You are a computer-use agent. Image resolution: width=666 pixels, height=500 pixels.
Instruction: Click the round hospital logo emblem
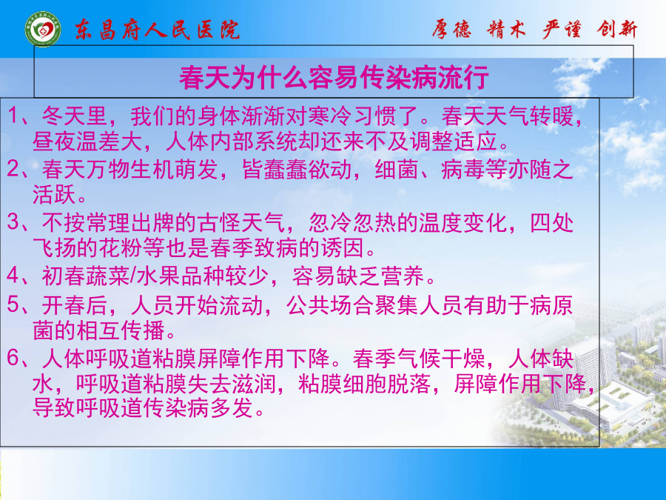(42, 29)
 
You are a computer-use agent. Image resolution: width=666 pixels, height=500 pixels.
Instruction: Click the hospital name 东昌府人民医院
(158, 30)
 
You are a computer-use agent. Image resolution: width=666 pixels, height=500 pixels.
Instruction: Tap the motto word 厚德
(452, 30)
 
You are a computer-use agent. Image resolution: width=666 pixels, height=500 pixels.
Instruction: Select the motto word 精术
(506, 30)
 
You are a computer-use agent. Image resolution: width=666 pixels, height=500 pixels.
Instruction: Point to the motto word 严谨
(562, 30)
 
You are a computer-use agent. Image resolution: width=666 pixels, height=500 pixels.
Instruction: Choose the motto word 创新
(617, 30)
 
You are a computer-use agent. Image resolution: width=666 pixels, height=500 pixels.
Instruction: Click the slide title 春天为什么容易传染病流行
(334, 78)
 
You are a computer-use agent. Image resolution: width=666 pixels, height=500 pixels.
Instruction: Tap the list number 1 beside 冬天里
(13, 116)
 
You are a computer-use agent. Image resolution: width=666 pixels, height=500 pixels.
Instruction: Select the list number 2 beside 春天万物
(13, 169)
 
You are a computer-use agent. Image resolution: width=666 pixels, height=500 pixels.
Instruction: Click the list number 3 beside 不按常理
(13, 222)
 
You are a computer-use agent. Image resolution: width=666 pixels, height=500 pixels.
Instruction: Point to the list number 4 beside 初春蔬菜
(13, 276)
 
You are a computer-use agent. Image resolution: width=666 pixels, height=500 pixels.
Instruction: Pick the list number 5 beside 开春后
(13, 304)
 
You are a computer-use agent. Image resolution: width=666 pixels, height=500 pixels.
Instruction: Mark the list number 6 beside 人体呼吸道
(13, 358)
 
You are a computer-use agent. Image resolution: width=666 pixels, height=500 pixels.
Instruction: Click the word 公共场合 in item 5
(330, 305)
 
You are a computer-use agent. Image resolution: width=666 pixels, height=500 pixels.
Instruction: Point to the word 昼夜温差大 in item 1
(87, 141)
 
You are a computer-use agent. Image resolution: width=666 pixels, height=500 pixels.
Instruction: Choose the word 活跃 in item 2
(54, 194)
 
